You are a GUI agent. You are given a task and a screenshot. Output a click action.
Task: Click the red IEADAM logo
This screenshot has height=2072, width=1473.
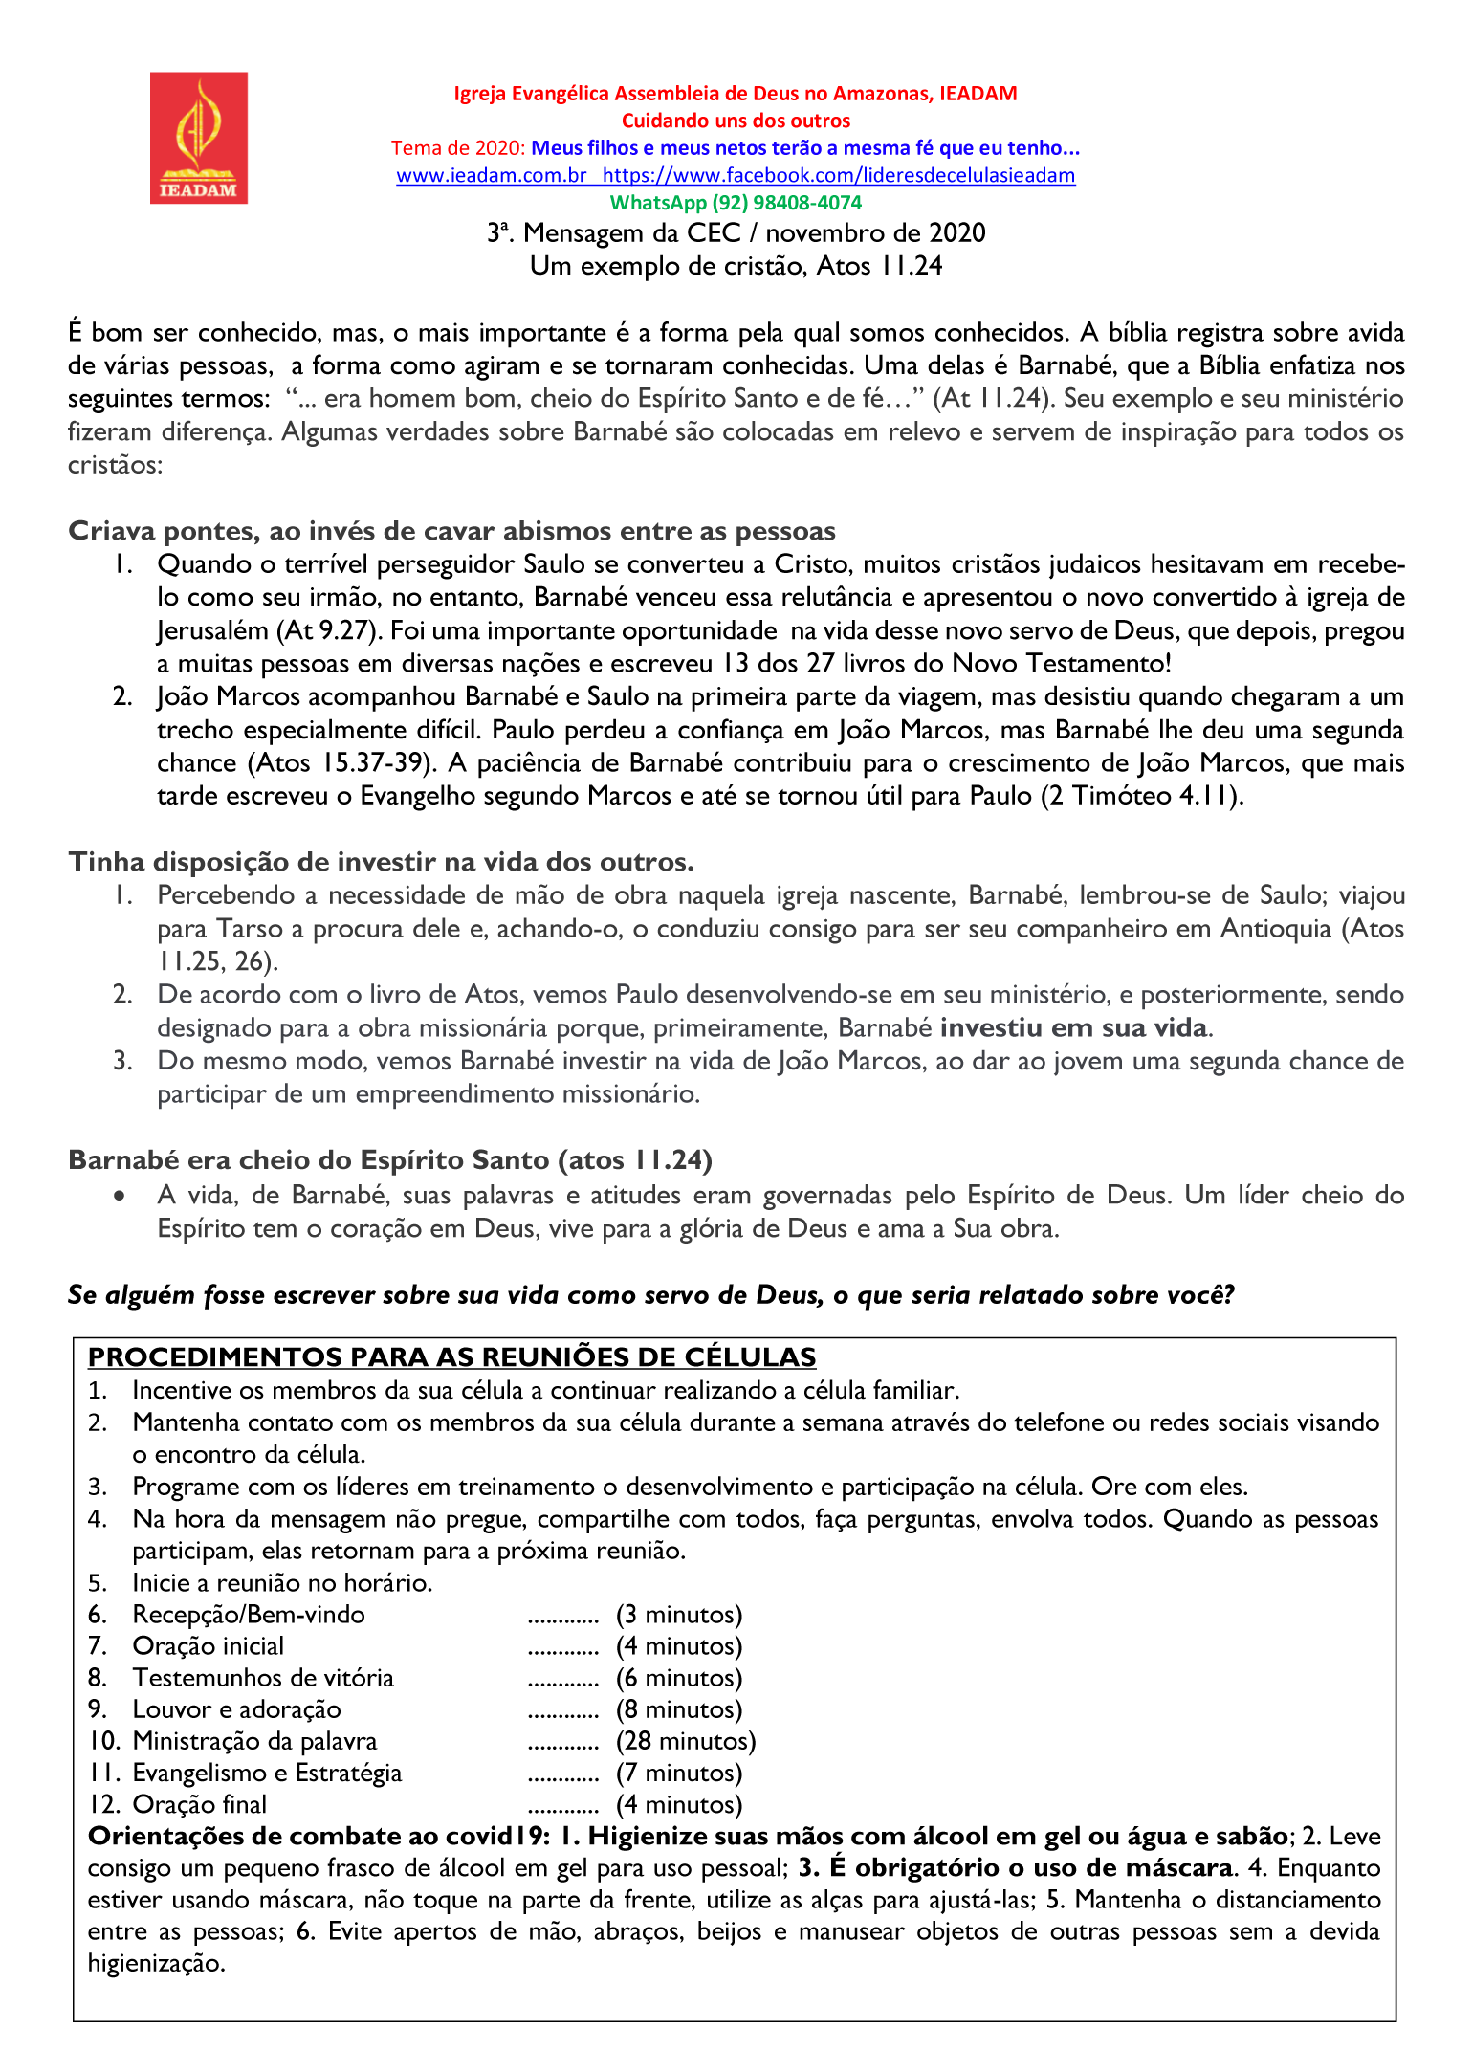pyautogui.click(x=199, y=138)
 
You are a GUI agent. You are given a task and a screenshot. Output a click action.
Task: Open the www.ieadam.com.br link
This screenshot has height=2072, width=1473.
pyautogui.click(x=492, y=175)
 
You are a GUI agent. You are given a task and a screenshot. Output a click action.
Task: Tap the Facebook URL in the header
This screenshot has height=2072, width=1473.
pyautogui.click(x=839, y=175)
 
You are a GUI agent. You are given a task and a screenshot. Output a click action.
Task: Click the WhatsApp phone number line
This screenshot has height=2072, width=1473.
pyautogui.click(x=736, y=203)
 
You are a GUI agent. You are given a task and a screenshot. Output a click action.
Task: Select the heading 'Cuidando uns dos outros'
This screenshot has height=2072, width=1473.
pyautogui.click(x=736, y=121)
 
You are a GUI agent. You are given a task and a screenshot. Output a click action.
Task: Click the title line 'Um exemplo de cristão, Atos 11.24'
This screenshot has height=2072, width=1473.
pyautogui.click(x=736, y=266)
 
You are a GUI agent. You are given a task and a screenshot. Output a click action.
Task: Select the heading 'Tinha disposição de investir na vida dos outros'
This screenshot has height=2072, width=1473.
pyautogui.click(x=381, y=862)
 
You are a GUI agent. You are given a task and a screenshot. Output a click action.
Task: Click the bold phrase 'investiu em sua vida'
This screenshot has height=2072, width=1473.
pyautogui.click(x=1076, y=1028)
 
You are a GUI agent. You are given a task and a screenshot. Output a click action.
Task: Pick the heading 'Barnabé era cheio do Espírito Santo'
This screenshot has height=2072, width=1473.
pyautogui.click(x=390, y=1160)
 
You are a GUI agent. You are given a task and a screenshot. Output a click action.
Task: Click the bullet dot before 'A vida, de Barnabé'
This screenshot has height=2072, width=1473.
pyautogui.click(x=120, y=1196)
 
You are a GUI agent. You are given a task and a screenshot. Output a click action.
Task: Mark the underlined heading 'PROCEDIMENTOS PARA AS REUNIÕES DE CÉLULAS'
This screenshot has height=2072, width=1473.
pyautogui.click(x=451, y=1357)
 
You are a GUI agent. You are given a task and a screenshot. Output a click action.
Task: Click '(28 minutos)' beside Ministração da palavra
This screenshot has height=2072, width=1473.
pyautogui.click(x=686, y=1741)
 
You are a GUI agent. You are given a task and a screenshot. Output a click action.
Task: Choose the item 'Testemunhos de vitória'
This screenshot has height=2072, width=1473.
pyautogui.click(x=263, y=1678)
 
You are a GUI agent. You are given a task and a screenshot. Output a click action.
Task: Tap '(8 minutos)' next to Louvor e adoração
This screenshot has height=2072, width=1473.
pyautogui.click(x=679, y=1709)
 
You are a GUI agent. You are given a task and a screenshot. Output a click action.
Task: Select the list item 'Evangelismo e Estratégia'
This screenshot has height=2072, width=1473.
pyautogui.click(x=267, y=1773)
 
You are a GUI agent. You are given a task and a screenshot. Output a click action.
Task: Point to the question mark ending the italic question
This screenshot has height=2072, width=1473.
pyautogui.click(x=1228, y=1295)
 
